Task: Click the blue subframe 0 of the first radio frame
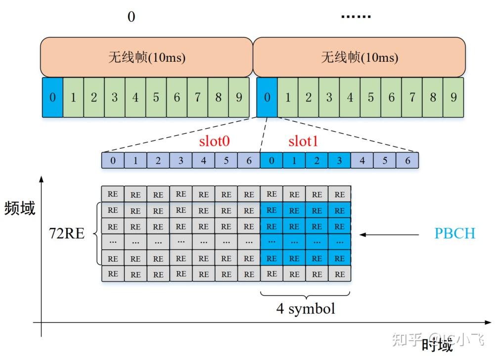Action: click(52, 97)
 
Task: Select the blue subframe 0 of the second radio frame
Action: click(267, 97)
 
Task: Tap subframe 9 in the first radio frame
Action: click(239, 97)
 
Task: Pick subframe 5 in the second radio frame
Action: click(370, 97)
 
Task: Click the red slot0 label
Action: click(215, 142)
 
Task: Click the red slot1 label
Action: click(303, 142)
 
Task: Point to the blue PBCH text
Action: click(454, 233)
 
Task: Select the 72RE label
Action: click(66, 233)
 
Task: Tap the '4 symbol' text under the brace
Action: click(306, 309)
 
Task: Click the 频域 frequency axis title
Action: click(20, 208)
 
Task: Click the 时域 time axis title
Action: click(437, 345)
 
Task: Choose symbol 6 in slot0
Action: click(249, 161)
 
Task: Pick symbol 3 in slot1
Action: click(339, 161)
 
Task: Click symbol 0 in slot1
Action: click(271, 161)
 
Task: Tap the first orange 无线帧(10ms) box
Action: click(147, 57)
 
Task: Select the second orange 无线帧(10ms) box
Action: click(360, 57)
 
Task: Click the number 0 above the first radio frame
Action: click(131, 17)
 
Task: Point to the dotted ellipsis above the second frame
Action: click(356, 17)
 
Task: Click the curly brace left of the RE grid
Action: click(97, 233)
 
